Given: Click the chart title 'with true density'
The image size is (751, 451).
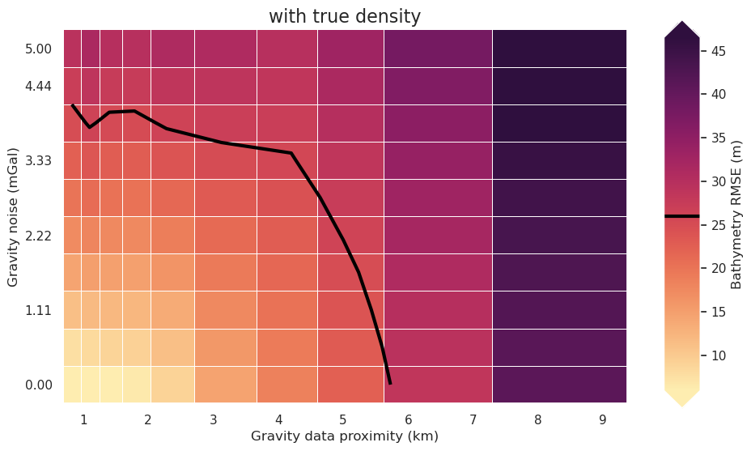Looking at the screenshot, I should pos(345,16).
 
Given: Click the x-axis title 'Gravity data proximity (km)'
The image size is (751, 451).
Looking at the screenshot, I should pos(345,436).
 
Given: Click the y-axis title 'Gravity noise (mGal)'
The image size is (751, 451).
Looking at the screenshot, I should pos(12,216).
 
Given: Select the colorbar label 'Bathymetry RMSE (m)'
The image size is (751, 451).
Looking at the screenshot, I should pos(736,215).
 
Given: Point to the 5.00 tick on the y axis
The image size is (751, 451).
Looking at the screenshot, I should pos(38,49).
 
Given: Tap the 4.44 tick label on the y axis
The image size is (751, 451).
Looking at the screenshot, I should pos(38,86).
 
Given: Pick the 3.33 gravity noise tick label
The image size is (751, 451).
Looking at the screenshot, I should pos(38,160).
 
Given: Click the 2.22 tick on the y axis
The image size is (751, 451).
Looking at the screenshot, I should pos(38,236).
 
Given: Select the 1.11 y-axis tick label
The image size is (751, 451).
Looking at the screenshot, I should pos(38,310).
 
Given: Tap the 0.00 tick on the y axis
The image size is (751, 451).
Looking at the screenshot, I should pos(38,385).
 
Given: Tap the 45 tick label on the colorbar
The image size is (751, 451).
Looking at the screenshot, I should pos(717,51).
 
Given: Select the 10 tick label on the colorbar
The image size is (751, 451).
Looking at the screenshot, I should pos(717,355).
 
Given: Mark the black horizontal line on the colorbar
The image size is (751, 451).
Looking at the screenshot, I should pos(681,216).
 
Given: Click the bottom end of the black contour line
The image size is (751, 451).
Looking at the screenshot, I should pos(390,383).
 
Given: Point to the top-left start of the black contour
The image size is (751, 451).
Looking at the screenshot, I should pos(72,104).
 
